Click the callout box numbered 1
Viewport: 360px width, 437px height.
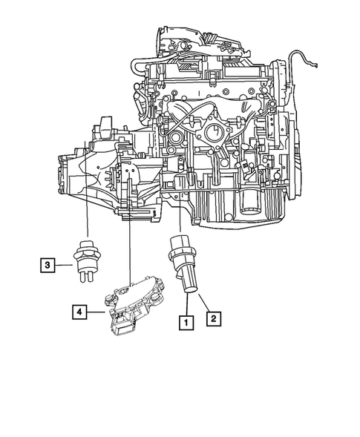pos(184,322)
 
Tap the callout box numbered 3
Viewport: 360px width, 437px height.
pos(46,263)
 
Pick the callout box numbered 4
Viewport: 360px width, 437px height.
pos(78,312)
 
